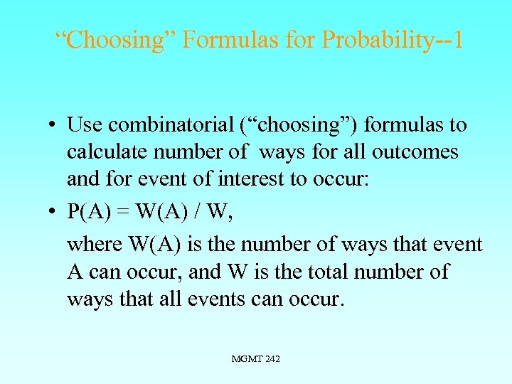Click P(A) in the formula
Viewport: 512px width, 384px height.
pyautogui.click(x=89, y=211)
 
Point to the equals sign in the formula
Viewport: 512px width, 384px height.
pyautogui.click(x=122, y=211)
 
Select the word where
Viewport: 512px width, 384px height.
pyautogui.click(x=94, y=245)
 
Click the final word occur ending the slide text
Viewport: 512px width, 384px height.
pyautogui.click(x=316, y=299)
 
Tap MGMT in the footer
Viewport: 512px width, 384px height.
pyautogui.click(x=246, y=359)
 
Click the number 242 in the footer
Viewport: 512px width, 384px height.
pyautogui.click(x=272, y=359)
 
